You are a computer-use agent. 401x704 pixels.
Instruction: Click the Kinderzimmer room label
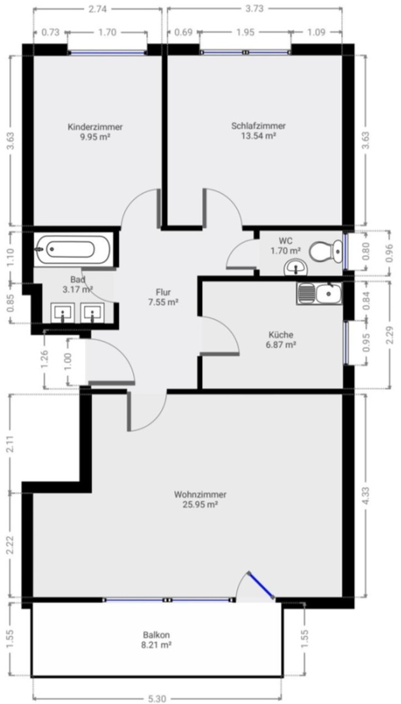click(95, 127)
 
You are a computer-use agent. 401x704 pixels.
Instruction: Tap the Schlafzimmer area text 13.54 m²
click(258, 136)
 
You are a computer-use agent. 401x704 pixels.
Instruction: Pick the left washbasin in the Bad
click(63, 314)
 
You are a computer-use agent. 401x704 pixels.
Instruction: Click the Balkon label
click(156, 634)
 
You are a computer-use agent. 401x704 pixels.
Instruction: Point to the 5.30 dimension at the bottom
click(156, 698)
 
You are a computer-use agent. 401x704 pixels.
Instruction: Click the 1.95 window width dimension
click(245, 32)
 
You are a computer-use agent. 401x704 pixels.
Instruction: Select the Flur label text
click(163, 292)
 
